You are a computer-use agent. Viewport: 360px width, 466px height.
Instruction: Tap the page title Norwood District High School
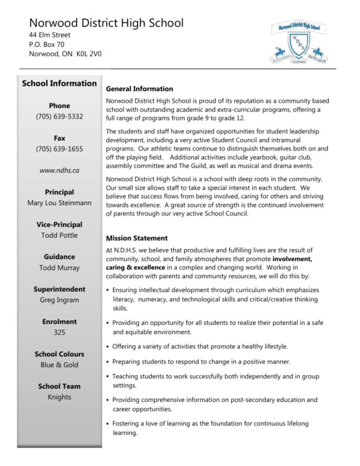pos(106,23)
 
